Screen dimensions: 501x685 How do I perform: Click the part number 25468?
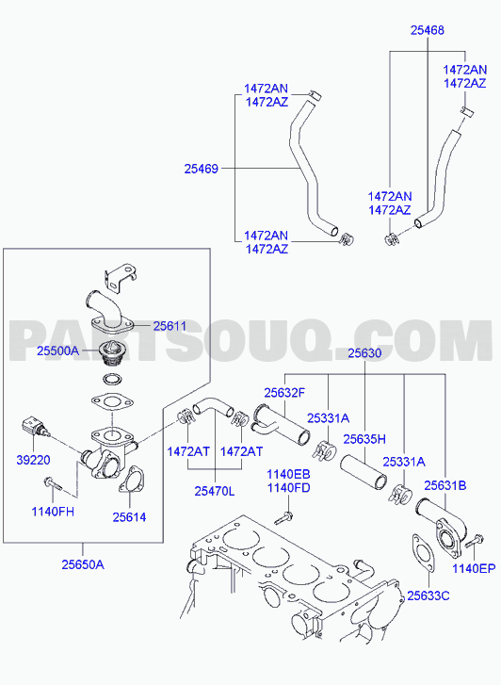coord(427,30)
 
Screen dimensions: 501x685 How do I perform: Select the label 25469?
coord(201,169)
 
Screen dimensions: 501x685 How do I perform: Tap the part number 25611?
coord(170,326)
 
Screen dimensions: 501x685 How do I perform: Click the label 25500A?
coord(58,351)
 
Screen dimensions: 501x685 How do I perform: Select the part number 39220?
coord(33,460)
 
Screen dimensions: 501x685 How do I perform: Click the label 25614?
coord(129,517)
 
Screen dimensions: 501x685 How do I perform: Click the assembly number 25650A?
coord(83,564)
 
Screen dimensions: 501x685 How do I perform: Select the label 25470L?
coord(215,491)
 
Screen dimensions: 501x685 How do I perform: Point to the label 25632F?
coord(284,393)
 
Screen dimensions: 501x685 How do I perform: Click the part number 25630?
coord(364,353)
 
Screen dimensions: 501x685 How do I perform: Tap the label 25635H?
coord(364,439)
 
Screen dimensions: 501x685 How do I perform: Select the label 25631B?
coord(445,485)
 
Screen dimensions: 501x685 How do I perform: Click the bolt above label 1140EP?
coord(474,542)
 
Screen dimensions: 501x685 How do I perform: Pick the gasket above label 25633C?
coord(423,553)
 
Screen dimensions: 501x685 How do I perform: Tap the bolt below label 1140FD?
coord(283,517)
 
